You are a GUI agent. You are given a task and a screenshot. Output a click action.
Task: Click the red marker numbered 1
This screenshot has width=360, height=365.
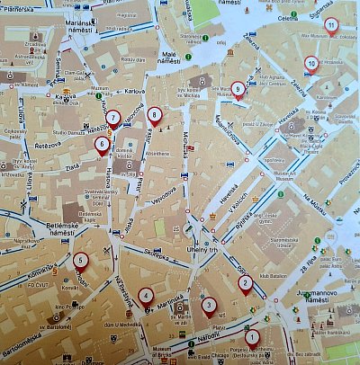pyautogui.click(x=252, y=338)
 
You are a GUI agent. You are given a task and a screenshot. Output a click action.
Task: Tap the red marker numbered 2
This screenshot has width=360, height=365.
pyautogui.click(x=244, y=284)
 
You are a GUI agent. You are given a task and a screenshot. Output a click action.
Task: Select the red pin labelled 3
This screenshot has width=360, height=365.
pyautogui.click(x=209, y=306)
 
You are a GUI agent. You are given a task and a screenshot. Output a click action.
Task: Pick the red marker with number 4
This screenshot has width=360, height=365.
pyautogui.click(x=146, y=295)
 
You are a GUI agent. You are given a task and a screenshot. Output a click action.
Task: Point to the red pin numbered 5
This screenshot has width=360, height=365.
pyautogui.click(x=81, y=262)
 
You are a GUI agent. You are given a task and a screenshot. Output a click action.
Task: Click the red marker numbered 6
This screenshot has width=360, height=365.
pyautogui.click(x=102, y=144)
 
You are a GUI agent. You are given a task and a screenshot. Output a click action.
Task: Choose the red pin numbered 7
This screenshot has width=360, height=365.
pyautogui.click(x=112, y=119)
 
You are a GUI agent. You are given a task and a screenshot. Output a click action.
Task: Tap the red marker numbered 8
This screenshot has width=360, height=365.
pyautogui.click(x=155, y=115)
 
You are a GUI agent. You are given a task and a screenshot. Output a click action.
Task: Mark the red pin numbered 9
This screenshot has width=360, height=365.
pyautogui.click(x=238, y=89)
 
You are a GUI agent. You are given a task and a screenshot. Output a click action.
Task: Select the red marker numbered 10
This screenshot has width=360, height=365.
pyautogui.click(x=311, y=64)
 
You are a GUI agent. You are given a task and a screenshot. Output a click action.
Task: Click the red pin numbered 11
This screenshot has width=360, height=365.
pyautogui.click(x=332, y=24)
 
